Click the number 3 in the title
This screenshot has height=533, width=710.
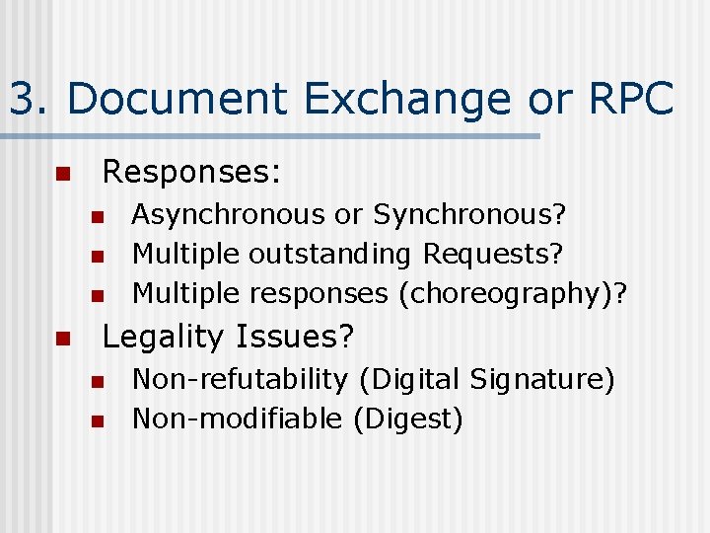click(24, 100)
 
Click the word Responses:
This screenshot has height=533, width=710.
click(192, 173)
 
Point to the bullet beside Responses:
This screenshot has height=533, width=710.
click(62, 175)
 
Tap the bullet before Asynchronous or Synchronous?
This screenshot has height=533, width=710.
click(97, 216)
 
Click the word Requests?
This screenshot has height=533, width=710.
click(493, 255)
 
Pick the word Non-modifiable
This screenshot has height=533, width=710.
click(238, 419)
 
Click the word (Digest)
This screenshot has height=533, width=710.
click(407, 419)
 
